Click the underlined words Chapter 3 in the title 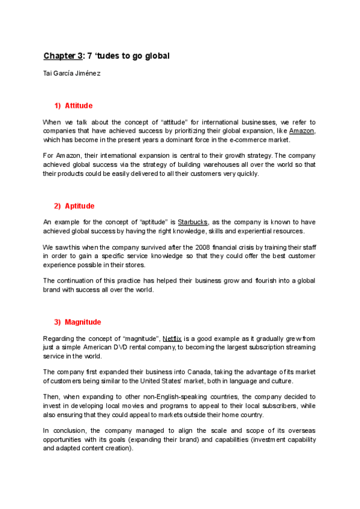tap(62, 56)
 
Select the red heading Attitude tap(79, 106)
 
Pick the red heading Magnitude tap(83, 322)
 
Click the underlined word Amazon tap(301, 131)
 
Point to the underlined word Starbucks tap(193, 222)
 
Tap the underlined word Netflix tap(172, 339)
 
